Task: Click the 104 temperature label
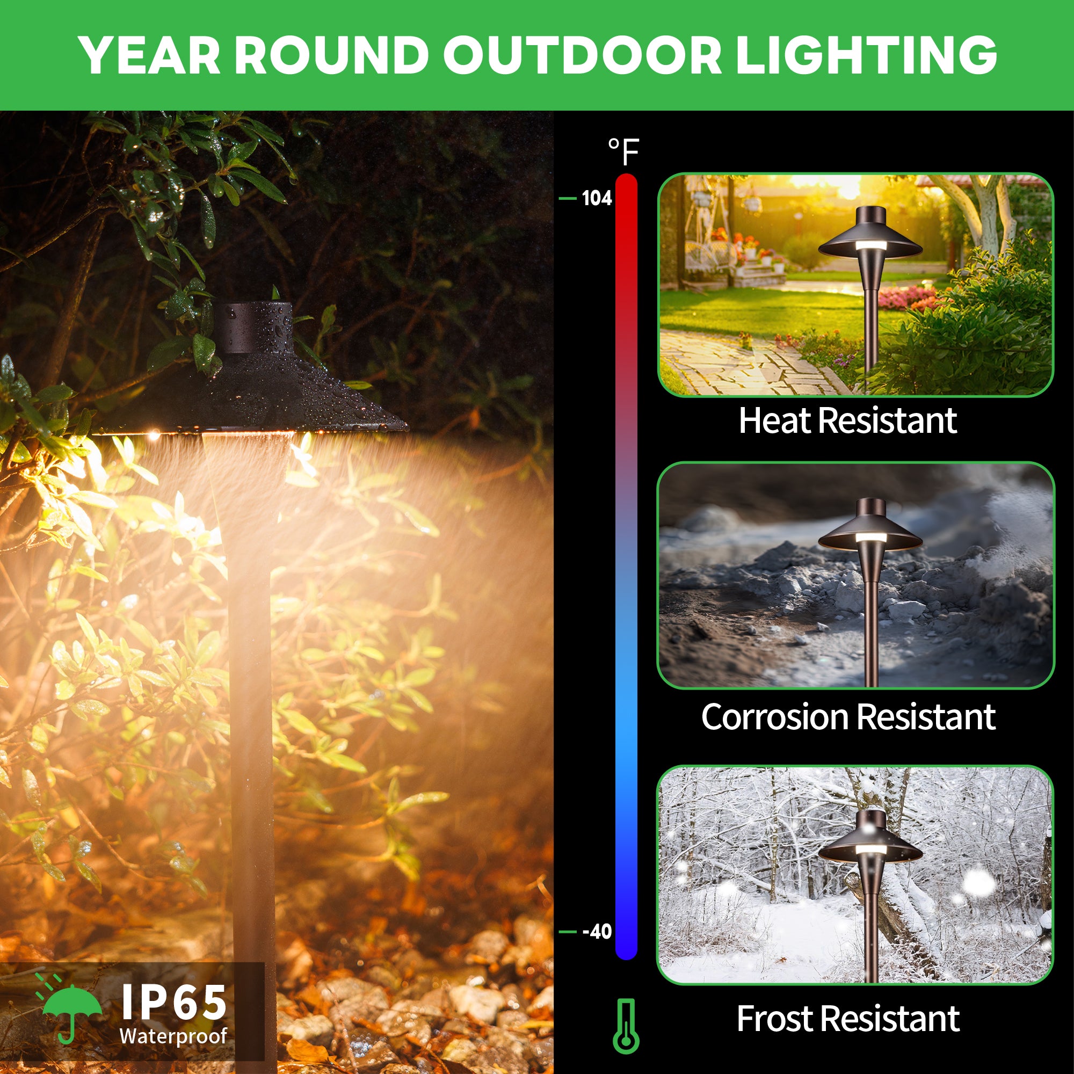pyautogui.click(x=597, y=198)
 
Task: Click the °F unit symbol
pyautogui.click(x=623, y=151)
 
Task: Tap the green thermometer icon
pyautogui.click(x=626, y=1026)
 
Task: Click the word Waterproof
pyautogui.click(x=173, y=1036)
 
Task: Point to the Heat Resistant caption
pyautogui.click(x=848, y=420)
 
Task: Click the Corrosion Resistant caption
pyautogui.click(x=848, y=716)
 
